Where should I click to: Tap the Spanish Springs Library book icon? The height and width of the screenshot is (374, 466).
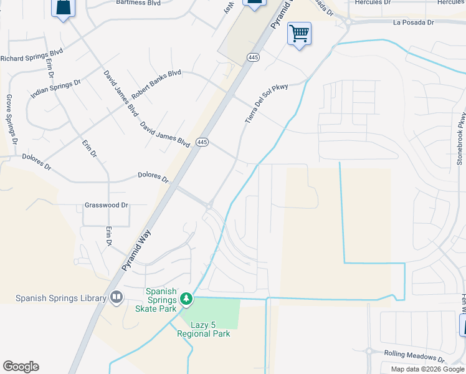point(115,297)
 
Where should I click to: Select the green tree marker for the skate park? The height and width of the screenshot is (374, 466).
point(186,300)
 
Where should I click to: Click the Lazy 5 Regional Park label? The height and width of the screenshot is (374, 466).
point(204,329)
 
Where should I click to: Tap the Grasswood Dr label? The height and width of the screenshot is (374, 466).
point(107,204)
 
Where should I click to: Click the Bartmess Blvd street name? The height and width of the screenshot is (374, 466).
point(139,2)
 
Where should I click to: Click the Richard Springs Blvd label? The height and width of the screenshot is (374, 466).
point(32,59)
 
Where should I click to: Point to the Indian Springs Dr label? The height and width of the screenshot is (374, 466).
point(56,90)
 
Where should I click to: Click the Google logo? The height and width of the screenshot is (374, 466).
point(21,367)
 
